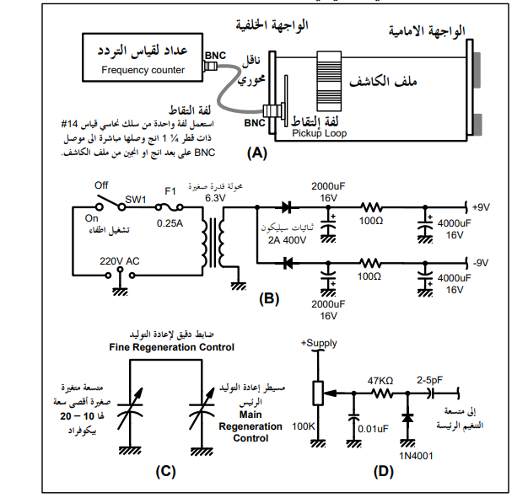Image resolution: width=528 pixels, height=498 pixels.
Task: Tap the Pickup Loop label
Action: click(319, 133)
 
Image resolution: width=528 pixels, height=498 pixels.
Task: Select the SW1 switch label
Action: click(136, 200)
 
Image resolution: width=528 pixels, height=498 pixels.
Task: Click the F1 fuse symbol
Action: click(170, 207)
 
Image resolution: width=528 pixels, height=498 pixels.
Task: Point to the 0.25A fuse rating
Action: click(170, 223)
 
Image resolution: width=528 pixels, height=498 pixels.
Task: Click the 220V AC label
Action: click(119, 261)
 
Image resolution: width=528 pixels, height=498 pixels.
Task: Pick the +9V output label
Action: click(481, 207)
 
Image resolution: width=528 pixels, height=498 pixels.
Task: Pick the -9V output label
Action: click(481, 263)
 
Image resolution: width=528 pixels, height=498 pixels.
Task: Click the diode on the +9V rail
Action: click(287, 207)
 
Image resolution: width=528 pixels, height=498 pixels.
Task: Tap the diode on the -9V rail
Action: click(288, 263)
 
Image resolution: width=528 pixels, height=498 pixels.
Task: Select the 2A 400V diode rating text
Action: click(287, 240)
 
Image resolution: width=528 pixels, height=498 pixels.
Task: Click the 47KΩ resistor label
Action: click(380, 381)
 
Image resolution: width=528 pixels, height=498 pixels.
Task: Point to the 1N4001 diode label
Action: click(416, 456)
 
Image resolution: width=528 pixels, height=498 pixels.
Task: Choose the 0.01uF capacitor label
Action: click(373, 429)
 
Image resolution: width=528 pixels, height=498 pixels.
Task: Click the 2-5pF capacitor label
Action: click(429, 380)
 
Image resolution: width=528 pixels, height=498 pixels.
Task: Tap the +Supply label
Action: click(319, 343)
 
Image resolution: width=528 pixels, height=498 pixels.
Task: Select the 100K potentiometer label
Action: click(304, 426)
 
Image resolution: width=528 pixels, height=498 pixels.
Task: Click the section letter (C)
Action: click(165, 471)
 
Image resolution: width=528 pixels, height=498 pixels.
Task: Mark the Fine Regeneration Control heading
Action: click(172, 347)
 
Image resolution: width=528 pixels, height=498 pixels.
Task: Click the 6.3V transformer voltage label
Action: click(215, 198)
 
